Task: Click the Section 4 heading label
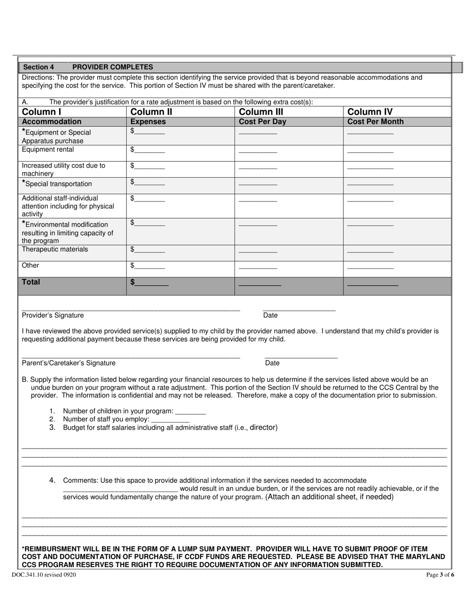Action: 39,67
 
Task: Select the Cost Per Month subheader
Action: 375,122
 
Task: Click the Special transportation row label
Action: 57,184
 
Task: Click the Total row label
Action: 31,282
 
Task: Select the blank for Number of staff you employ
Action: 170,420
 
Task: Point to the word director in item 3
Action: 264,427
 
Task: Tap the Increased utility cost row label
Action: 63,169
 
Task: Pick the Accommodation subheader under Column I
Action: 52,122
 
